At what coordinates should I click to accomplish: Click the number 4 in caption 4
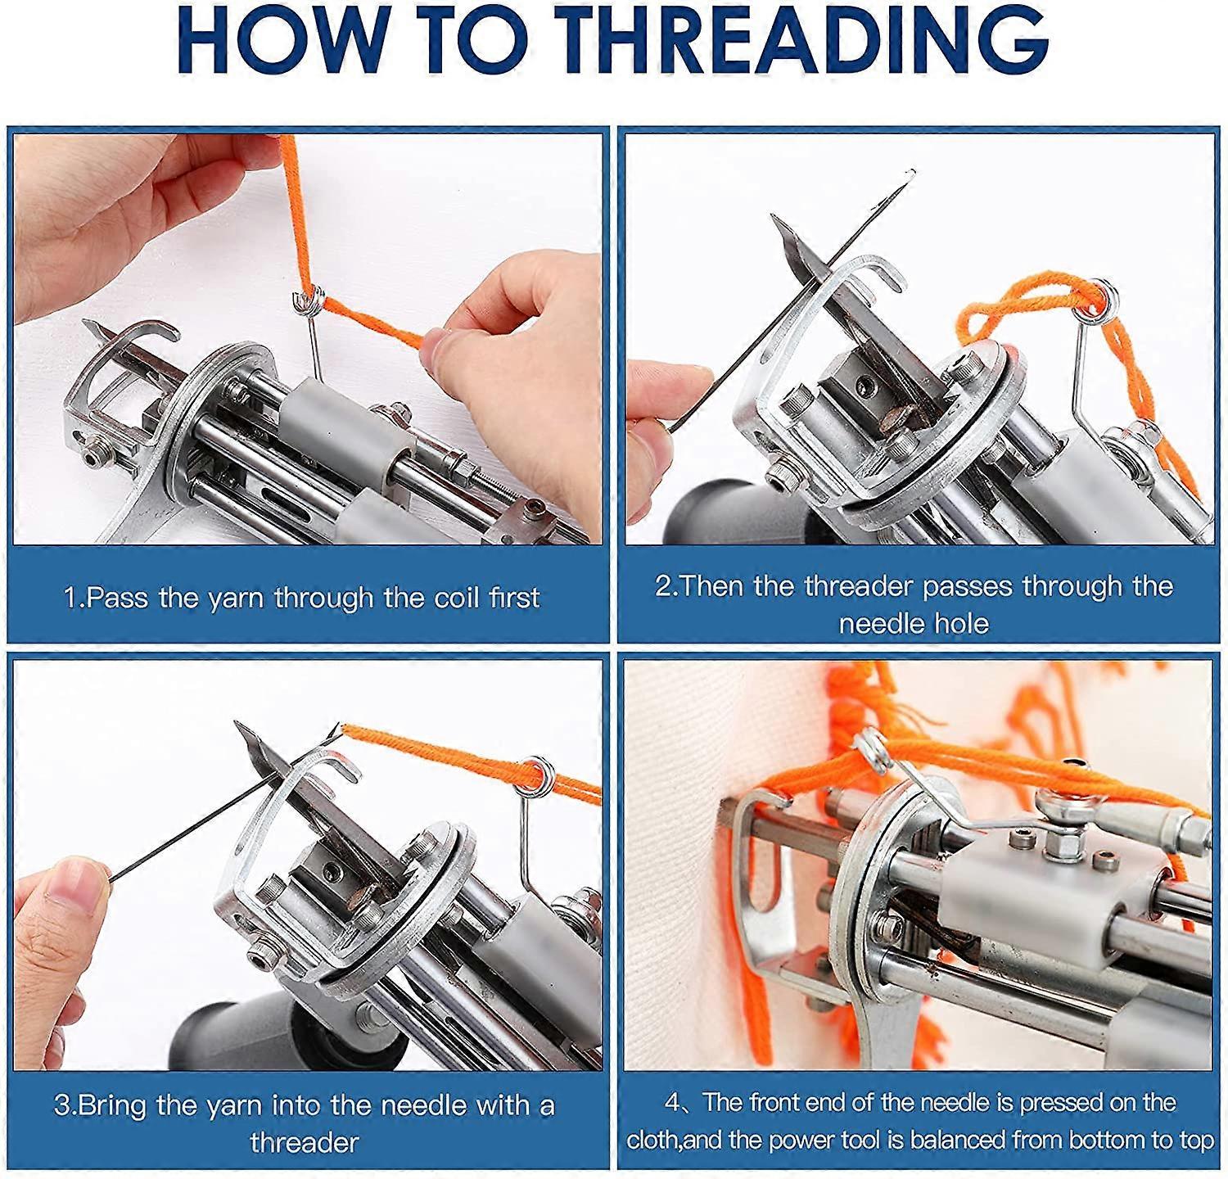point(673,1103)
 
